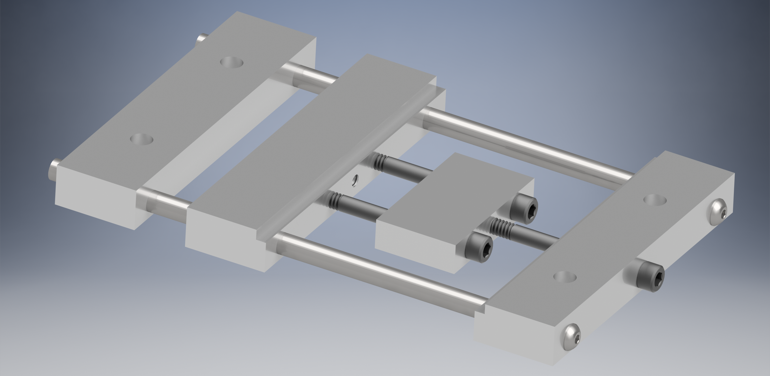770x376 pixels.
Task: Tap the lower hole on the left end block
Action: click(x=142, y=139)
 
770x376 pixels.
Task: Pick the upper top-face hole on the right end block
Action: click(x=655, y=200)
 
